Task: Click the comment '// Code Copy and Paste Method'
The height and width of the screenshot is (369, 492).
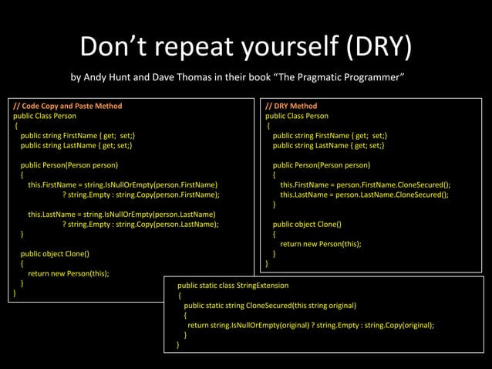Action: tap(68, 106)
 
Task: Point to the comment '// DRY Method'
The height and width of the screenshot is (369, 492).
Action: tap(291, 106)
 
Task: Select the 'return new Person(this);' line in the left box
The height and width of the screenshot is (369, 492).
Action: tap(69, 273)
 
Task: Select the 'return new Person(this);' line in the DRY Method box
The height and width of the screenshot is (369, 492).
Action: tap(321, 243)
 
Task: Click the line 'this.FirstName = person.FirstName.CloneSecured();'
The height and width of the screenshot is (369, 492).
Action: tap(366, 184)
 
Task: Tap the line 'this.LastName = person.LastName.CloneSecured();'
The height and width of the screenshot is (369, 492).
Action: tap(364, 195)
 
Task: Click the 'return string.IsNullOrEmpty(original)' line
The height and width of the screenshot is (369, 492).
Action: tap(311, 325)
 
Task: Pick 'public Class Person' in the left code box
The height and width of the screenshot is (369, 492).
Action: tap(45, 116)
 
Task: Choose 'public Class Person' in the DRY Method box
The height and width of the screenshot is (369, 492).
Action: tap(297, 116)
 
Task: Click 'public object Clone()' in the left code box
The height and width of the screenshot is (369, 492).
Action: tap(55, 253)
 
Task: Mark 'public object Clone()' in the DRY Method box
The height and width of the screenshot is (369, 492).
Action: tap(307, 224)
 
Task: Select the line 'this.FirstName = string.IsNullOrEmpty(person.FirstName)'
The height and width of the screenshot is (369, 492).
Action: tap(123, 184)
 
